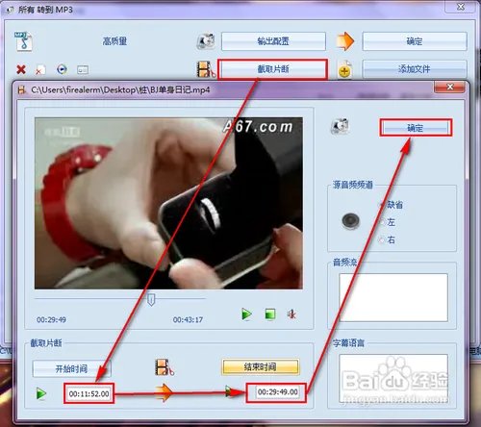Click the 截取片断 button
[273, 69]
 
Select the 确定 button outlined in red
[416, 128]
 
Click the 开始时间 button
[71, 367]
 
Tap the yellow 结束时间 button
[261, 367]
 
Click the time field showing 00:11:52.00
[89, 393]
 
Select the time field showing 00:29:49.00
[273, 393]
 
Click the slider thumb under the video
[150, 299]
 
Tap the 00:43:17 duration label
[189, 318]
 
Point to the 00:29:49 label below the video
[52, 318]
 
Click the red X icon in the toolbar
[21, 69]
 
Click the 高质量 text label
[114, 42]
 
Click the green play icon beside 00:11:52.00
[40, 393]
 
